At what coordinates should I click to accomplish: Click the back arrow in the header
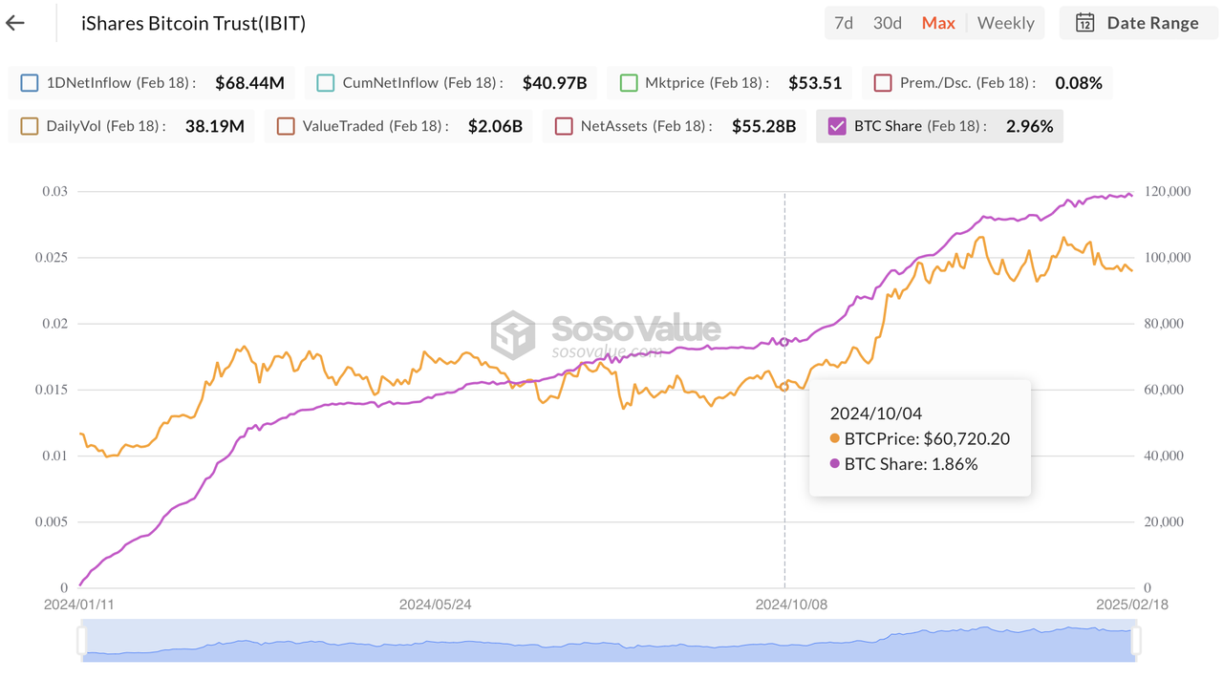pos(15,23)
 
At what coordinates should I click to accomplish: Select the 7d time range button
pos(844,23)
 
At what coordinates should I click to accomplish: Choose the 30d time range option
pos(888,23)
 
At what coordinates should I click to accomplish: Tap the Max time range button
pos(938,23)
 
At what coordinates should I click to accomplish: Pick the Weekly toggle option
pos(1005,23)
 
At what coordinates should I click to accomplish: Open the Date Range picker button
pos(1137,23)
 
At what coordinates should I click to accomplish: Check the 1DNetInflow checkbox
pos(29,83)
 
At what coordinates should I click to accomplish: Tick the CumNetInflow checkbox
pos(325,83)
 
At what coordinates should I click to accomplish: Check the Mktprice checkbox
pos(628,83)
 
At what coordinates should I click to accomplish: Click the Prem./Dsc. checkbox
pos(882,83)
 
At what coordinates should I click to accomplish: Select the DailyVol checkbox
pos(29,126)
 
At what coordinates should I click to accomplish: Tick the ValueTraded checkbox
pos(286,126)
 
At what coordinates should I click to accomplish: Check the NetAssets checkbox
pos(564,126)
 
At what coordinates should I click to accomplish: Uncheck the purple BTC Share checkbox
pos(837,126)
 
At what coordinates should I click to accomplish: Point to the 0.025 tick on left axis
pos(54,258)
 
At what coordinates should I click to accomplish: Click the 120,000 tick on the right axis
pos(1167,192)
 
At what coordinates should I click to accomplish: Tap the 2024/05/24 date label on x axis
pos(435,605)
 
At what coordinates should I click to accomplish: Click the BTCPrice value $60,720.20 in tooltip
pos(966,439)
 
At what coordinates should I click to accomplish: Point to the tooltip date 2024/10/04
pos(875,414)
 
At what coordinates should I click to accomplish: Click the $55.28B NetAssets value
pos(763,126)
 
